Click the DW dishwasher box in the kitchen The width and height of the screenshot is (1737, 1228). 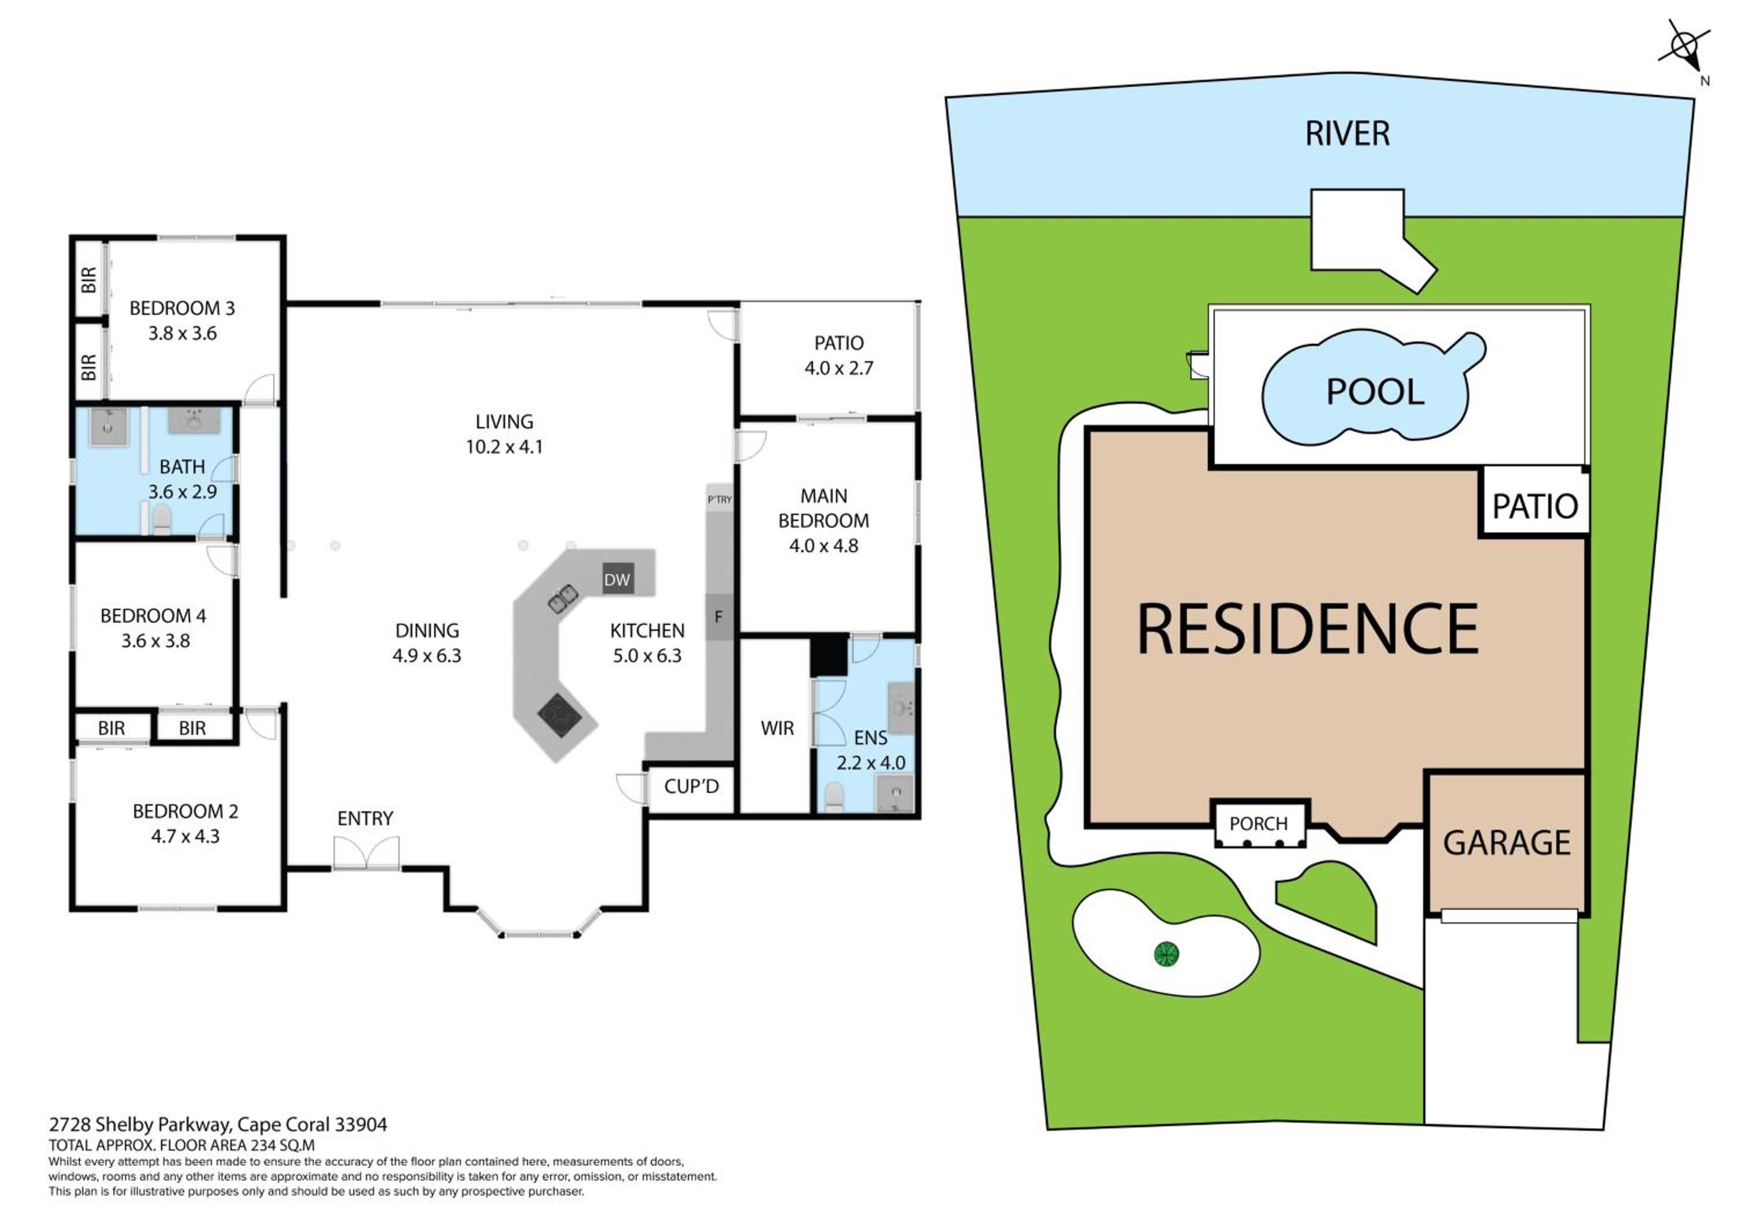tap(617, 579)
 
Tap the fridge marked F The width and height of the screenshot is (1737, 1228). tap(719, 616)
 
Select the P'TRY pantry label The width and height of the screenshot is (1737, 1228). tap(720, 499)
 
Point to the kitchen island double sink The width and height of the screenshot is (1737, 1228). tap(563, 598)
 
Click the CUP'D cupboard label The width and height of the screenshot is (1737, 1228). tap(691, 786)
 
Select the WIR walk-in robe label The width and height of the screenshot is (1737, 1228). tap(777, 728)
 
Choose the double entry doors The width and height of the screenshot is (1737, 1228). tap(366, 853)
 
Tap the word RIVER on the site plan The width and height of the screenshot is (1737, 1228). tap(1347, 134)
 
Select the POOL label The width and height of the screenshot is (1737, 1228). tap(1375, 392)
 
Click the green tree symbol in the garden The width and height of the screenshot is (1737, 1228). tap(1167, 954)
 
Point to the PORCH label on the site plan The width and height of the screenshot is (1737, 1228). tap(1258, 823)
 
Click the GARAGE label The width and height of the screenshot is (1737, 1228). tap(1506, 843)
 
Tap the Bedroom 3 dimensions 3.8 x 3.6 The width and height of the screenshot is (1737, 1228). tap(182, 333)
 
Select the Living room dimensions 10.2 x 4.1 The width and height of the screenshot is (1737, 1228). tap(504, 447)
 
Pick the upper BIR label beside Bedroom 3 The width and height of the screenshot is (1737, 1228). tap(89, 280)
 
